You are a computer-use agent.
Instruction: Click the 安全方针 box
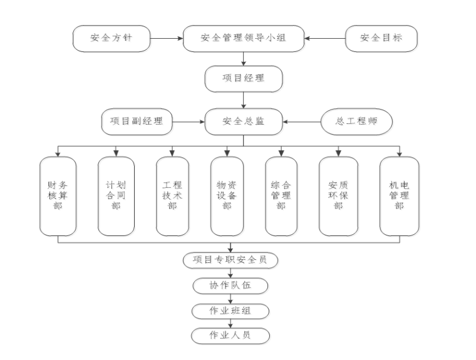pyautogui.click(x=111, y=38)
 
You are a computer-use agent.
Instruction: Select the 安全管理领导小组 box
pyautogui.click(x=244, y=38)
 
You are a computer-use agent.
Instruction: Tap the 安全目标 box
pyautogui.click(x=381, y=38)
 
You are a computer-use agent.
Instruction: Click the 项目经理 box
pyautogui.click(x=244, y=79)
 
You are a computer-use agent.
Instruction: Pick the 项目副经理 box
pyautogui.click(x=137, y=121)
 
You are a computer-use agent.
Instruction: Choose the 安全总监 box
pyautogui.click(x=244, y=121)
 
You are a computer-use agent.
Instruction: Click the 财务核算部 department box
pyautogui.click(x=58, y=196)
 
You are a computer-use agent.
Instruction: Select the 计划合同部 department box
pyautogui.click(x=116, y=196)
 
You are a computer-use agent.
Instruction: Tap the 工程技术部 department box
pyautogui.click(x=172, y=196)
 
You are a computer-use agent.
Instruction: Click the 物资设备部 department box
pyautogui.click(x=227, y=196)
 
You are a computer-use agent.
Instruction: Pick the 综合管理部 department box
pyautogui.click(x=281, y=196)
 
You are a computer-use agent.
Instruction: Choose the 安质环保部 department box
pyautogui.click(x=338, y=196)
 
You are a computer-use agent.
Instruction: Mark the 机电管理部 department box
pyautogui.click(x=400, y=196)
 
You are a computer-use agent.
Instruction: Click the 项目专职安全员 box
pyautogui.click(x=230, y=260)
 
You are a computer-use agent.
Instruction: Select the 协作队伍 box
pyautogui.click(x=230, y=285)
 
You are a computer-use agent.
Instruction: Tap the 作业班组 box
pyautogui.click(x=230, y=311)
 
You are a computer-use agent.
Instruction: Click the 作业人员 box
pyautogui.click(x=230, y=336)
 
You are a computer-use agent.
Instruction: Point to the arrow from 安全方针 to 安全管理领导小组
pyautogui.click(x=167, y=38)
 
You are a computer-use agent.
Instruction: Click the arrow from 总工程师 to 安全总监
pyautogui.click(x=301, y=121)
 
